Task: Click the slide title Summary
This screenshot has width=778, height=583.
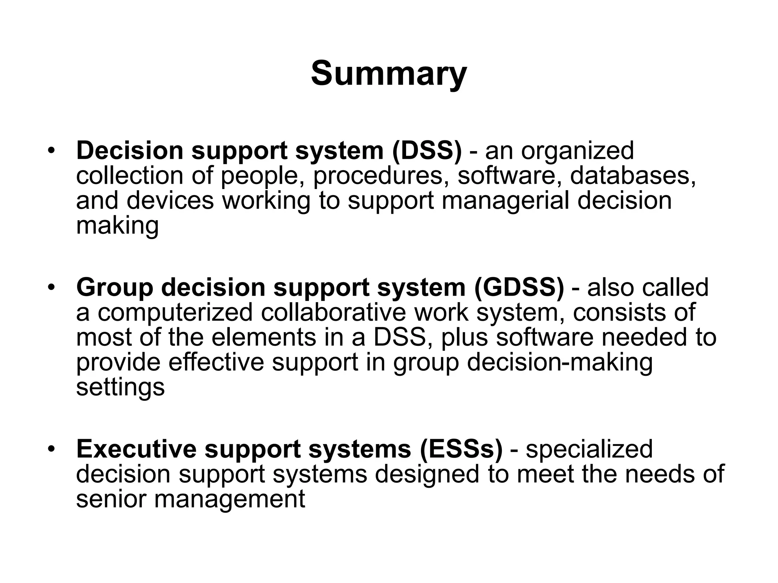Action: click(x=389, y=74)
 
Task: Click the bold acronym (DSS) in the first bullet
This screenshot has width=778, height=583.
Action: click(x=427, y=151)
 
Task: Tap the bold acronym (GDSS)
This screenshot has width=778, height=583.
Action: click(x=519, y=287)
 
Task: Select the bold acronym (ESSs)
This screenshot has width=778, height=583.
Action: click(x=461, y=449)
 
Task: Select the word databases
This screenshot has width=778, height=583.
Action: click(x=633, y=176)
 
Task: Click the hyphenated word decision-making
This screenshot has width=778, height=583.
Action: click(x=560, y=362)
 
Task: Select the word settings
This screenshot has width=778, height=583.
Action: click(x=120, y=388)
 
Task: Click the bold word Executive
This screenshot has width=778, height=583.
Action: click(x=136, y=449)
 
